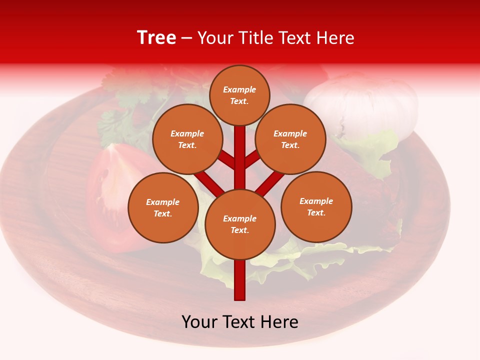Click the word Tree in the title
coord(156,38)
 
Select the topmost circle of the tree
coord(239,95)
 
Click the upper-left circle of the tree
coord(187,139)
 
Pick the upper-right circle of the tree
coord(290,139)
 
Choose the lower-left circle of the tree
coord(163,207)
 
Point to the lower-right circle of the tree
coord(316,206)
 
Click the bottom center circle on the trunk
coord(240,224)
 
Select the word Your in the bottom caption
coord(200,322)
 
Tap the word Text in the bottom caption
coord(240,322)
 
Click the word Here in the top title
coord(336,38)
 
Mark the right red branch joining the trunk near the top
coord(252,159)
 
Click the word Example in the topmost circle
coord(239,90)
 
